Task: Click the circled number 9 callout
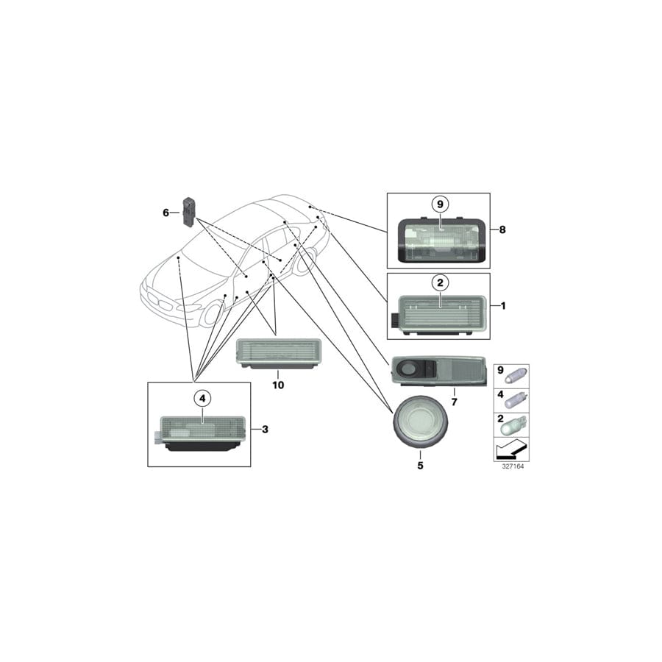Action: coord(440,204)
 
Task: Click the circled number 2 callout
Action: coord(440,282)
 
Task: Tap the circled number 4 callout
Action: coord(202,398)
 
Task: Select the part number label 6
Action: coord(166,213)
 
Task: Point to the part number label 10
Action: coord(278,385)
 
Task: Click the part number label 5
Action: coord(420,466)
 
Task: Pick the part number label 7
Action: coord(455,402)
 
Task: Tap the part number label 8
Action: coord(502,229)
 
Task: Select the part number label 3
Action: coord(265,430)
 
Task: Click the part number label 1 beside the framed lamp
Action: coord(503,305)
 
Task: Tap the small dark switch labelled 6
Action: coord(188,211)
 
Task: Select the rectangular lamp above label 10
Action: coord(277,354)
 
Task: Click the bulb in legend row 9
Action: coord(516,374)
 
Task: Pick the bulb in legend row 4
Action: coord(516,399)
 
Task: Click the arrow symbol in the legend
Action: coord(512,449)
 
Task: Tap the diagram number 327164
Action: coord(513,466)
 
